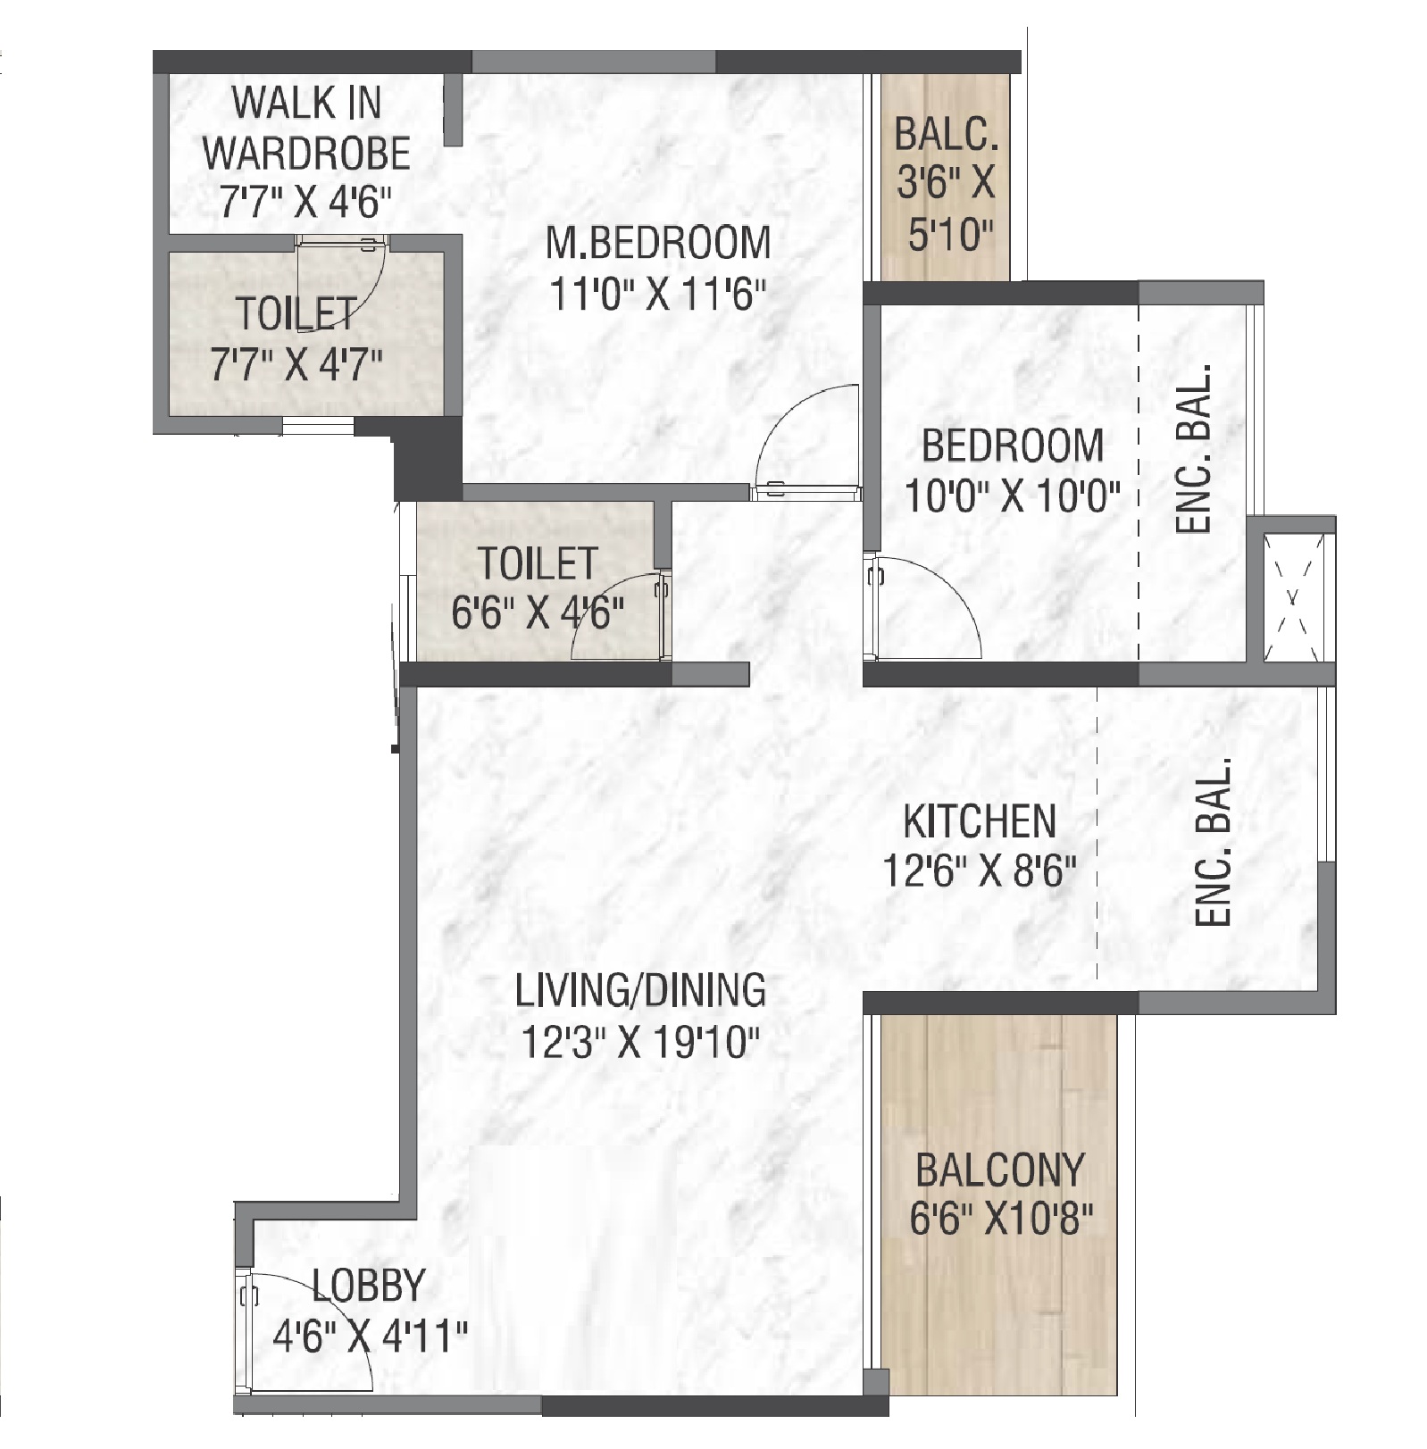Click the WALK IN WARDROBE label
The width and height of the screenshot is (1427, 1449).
pos(306,128)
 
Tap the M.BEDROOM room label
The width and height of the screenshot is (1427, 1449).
pos(658,243)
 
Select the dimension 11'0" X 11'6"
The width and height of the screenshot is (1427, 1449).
pos(658,294)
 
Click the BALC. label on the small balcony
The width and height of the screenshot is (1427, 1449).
pos(946,136)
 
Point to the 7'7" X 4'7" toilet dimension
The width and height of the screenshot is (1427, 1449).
pos(296,364)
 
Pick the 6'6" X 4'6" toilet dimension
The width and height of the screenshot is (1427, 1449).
pos(538,613)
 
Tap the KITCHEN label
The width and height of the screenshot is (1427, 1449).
pos(980,822)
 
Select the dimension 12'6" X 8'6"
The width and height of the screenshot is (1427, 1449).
pos(980,871)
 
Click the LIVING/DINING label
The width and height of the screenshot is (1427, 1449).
pos(640,991)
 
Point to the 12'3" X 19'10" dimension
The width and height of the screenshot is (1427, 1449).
pos(640,1041)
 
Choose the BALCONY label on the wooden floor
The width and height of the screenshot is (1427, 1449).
pos(1000,1170)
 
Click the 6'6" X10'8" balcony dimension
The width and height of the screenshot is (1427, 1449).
pos(1001,1219)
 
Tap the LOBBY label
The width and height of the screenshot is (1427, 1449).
pos(368,1286)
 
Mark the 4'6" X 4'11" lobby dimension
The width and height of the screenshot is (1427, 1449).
pos(370,1337)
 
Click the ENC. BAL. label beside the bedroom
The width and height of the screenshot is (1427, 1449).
pos(1194,448)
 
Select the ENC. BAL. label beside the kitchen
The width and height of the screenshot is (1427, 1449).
pos(1214,842)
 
